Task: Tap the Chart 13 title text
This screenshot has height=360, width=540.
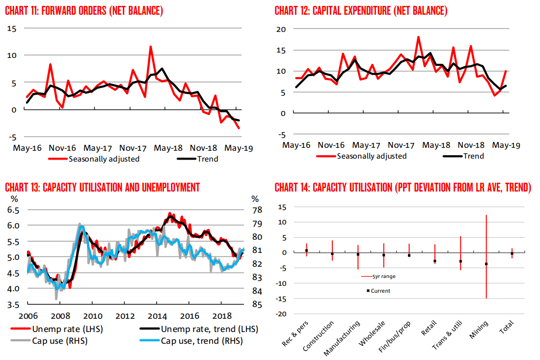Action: pyautogui.click(x=102, y=187)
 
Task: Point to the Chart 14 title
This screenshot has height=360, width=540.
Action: pyautogui.click(x=403, y=187)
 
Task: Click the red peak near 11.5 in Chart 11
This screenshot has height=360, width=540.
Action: pyautogui.click(x=150, y=47)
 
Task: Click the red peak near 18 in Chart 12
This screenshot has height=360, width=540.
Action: pyautogui.click(x=418, y=37)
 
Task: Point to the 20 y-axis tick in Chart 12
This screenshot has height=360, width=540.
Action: pyautogui.click(x=281, y=29)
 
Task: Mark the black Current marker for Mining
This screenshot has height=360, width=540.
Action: pyautogui.click(x=486, y=264)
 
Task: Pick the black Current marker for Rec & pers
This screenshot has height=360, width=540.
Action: pyautogui.click(x=306, y=250)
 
